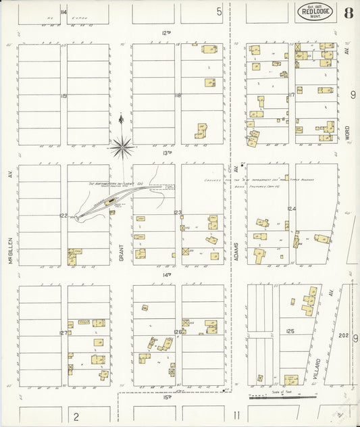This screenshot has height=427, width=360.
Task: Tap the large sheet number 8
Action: point(347,12)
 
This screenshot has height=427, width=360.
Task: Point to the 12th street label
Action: point(167,32)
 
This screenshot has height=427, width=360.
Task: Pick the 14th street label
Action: point(167,274)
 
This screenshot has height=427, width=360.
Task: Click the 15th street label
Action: point(167,397)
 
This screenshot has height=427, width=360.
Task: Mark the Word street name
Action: point(347,132)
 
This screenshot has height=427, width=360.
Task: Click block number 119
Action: point(63,96)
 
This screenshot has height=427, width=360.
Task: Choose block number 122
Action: point(63,216)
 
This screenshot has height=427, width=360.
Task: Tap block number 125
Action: point(290,331)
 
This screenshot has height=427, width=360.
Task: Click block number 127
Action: point(63,333)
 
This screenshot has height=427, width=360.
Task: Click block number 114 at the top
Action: point(63,12)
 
